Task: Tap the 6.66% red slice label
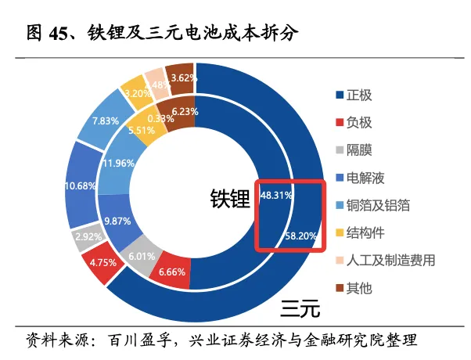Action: coord(172,272)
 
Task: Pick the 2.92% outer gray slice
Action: coord(88,236)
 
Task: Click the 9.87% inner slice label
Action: coord(118,221)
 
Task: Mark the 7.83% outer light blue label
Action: coord(105,121)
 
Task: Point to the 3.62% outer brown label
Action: coord(183,77)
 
